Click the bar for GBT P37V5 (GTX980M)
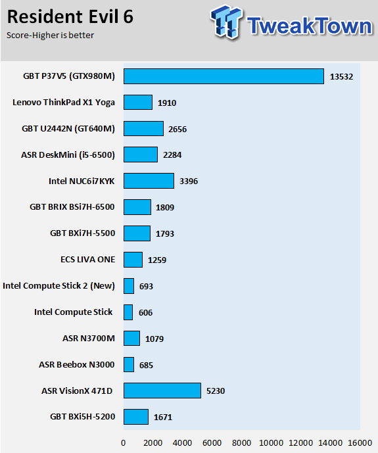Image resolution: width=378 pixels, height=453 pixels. point(224,76)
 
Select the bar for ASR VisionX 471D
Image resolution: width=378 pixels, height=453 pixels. point(162,391)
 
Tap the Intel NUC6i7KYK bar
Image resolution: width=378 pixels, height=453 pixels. point(149,181)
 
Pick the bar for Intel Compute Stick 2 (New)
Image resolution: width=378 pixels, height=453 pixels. point(129,286)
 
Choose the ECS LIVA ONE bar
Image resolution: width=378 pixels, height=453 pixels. point(133,260)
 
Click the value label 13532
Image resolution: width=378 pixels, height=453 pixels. point(341,76)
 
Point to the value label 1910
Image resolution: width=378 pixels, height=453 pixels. point(167,103)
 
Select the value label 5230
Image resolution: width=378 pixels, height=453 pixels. point(216,391)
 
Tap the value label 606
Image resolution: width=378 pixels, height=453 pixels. point(145,312)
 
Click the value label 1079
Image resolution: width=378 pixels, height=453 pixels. point(154,339)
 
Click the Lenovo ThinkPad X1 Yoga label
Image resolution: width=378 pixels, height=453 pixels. point(64,103)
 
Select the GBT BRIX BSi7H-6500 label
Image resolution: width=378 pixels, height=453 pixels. point(72,207)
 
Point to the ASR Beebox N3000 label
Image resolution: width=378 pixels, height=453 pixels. point(77,365)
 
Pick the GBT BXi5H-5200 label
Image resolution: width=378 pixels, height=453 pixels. point(83,417)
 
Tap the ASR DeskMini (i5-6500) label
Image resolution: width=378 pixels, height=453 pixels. point(68,155)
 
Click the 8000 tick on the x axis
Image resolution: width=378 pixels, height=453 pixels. point(242,443)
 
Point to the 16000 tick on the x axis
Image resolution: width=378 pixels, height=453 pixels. point(360,443)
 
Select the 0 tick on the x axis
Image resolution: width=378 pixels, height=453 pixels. point(124,443)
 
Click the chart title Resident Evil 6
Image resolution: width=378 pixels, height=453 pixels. point(70,16)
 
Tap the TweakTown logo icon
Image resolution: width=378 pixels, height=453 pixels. point(226,22)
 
